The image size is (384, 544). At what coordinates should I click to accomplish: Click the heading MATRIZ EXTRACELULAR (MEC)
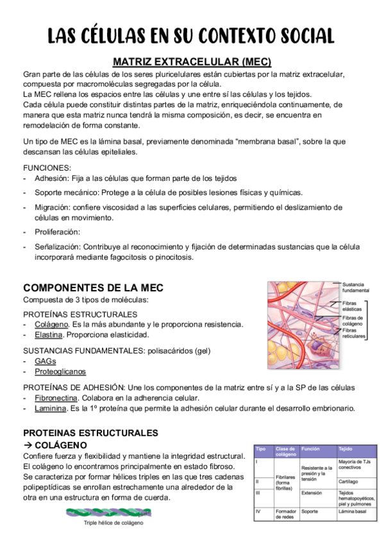[192, 62]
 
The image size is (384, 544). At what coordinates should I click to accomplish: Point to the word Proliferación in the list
[58, 232]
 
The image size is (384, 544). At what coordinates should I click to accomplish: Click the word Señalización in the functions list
[57, 246]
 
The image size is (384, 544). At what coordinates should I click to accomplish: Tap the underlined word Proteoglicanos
[60, 371]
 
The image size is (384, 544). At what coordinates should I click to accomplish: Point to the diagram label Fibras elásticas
[352, 306]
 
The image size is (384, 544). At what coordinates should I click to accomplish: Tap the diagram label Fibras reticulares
[354, 333]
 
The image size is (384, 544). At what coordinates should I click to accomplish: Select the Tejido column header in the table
[346, 450]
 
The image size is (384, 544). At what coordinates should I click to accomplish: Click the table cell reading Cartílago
[349, 481]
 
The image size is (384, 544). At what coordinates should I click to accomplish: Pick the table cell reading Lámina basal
[352, 512]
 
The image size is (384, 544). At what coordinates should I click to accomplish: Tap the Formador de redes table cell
[285, 514]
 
